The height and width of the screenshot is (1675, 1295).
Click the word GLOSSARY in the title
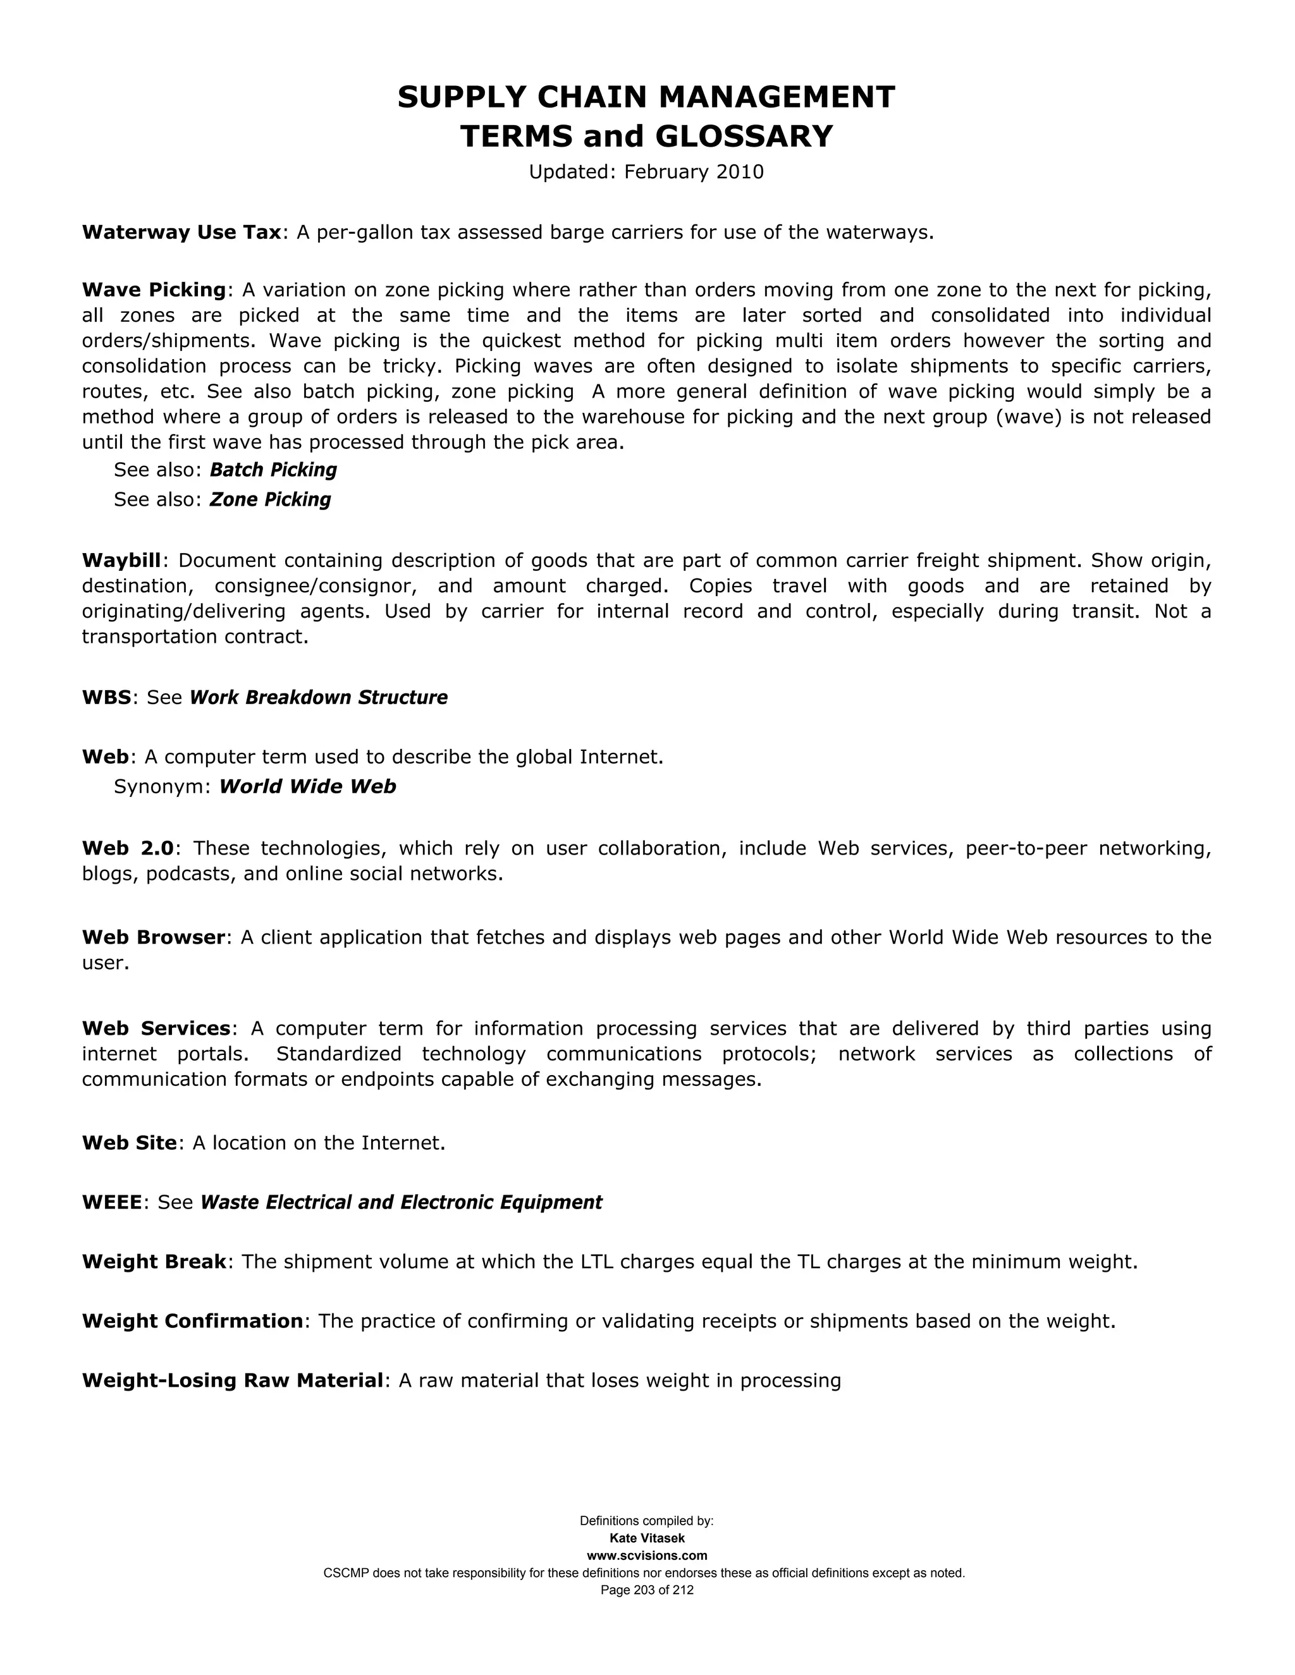(744, 137)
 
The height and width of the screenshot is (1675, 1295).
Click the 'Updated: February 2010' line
(646, 172)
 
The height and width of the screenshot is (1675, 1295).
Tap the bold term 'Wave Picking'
(154, 290)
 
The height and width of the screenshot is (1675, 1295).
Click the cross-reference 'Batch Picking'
(273, 470)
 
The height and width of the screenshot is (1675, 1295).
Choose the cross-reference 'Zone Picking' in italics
(270, 500)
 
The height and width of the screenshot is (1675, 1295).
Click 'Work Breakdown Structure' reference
(319, 698)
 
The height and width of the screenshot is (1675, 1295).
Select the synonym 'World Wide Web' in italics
(308, 787)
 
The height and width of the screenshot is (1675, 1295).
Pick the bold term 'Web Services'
(156, 1028)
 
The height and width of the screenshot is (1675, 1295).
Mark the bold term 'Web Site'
(130, 1143)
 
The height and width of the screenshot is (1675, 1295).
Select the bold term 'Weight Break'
(154, 1262)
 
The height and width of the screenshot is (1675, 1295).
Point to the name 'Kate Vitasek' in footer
(647, 1538)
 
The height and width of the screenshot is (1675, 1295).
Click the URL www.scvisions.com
(647, 1556)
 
